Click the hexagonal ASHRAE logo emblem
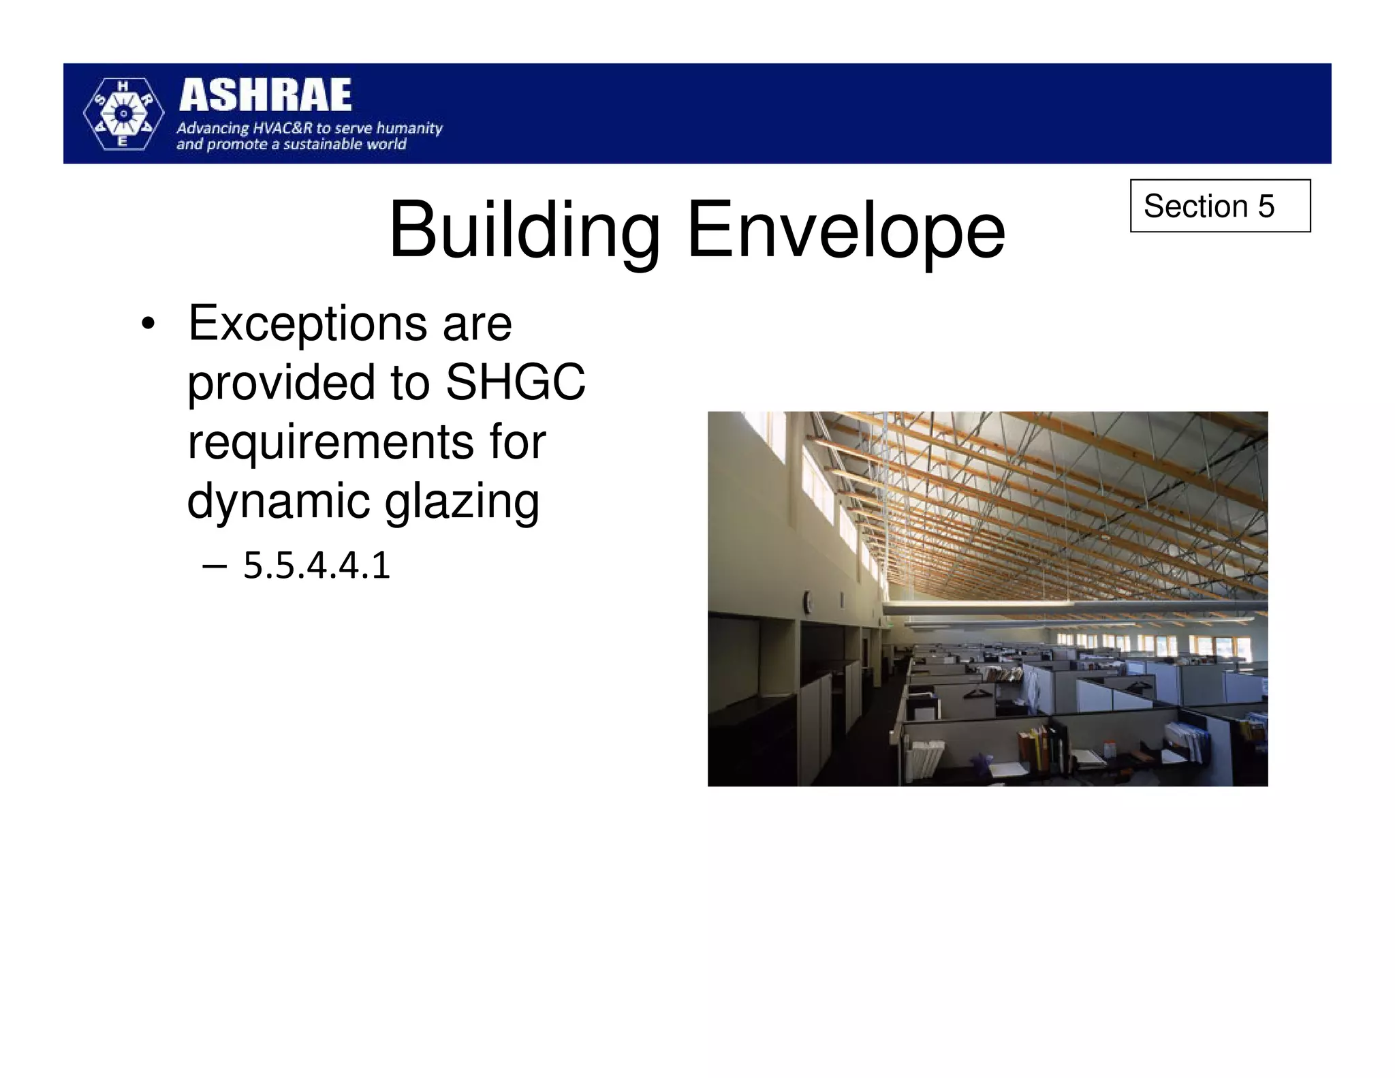123,114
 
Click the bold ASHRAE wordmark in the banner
265,95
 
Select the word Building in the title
524,230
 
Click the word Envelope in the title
846,230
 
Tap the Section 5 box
1219,206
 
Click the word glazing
462,501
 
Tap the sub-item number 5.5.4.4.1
317,566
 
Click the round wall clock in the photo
807,601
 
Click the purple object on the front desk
982,762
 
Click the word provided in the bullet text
281,383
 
